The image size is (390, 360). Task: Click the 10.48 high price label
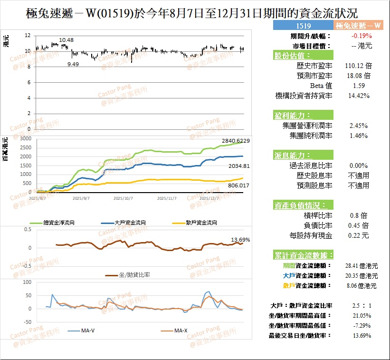coord(67,40)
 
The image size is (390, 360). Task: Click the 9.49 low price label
coord(73,64)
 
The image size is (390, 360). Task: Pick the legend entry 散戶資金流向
coord(195,223)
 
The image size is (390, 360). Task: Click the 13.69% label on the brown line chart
coord(240,239)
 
